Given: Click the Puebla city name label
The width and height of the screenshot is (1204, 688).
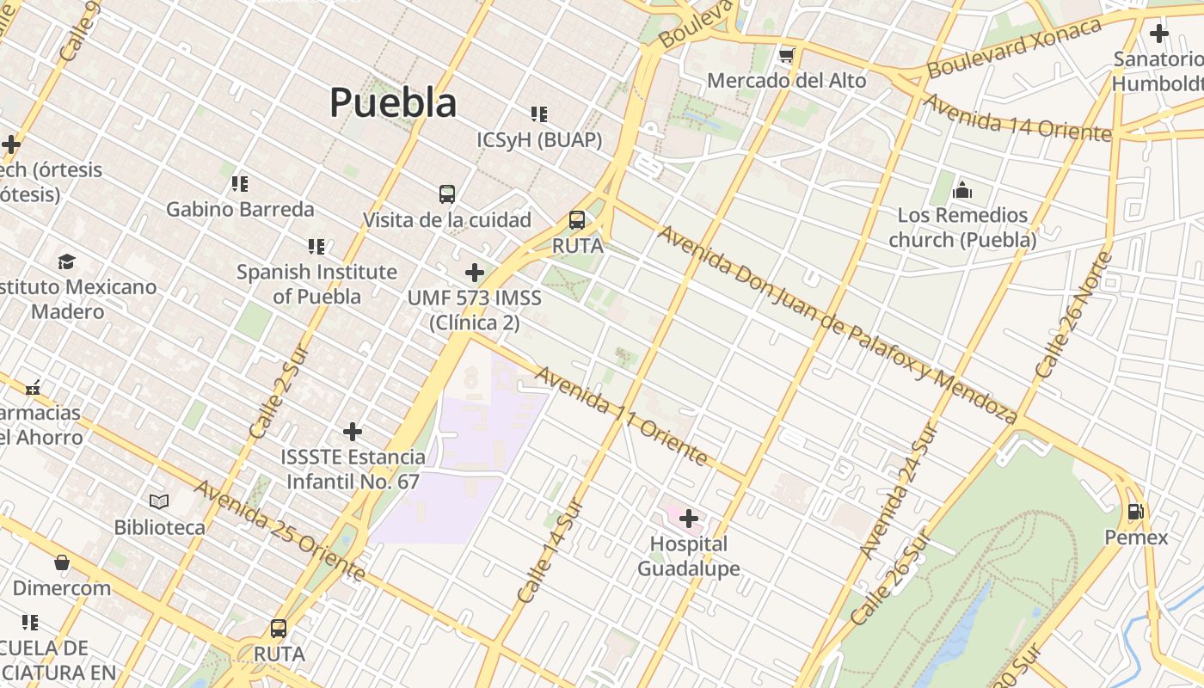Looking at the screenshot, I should point(393,102).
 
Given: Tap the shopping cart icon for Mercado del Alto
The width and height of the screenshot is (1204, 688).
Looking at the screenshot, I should point(785,56).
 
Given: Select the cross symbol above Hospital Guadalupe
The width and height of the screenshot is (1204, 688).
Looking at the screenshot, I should point(689,519).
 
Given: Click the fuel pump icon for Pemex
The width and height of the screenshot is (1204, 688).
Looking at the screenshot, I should point(1135,512).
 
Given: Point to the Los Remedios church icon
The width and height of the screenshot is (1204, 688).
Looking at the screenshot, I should point(962,189).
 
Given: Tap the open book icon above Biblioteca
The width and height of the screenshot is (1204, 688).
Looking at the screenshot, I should point(159,501).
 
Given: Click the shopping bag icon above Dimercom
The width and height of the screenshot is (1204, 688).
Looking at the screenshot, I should point(62,563).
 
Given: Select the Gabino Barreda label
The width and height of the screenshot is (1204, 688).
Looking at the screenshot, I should point(240,209).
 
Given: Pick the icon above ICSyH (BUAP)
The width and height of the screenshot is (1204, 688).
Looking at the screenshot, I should point(539,114).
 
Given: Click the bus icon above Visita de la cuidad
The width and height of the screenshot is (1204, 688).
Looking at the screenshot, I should point(447,194).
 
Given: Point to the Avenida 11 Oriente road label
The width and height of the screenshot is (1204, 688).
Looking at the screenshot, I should point(623,415).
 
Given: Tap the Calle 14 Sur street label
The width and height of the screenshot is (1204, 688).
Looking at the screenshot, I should point(550,550).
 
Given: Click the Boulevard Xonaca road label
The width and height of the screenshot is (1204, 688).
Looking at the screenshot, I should point(1015,47).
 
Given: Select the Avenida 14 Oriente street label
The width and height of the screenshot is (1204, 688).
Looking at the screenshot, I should point(1017,118).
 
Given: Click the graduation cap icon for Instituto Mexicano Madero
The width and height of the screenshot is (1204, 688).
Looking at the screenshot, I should point(66,261).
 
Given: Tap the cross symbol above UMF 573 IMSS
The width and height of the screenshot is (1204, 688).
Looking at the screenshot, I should point(474,273).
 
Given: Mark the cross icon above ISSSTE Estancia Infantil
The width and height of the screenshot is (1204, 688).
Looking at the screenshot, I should point(353,432).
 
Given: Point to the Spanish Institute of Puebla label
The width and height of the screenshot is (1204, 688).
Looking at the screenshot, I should point(316,284).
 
